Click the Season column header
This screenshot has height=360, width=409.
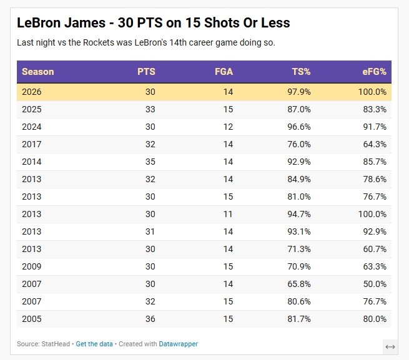(x=38, y=72)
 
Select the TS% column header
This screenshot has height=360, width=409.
(x=301, y=72)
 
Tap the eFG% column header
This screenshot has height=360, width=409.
(x=374, y=72)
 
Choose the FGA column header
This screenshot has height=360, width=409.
(x=223, y=72)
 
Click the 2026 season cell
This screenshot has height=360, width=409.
(x=32, y=92)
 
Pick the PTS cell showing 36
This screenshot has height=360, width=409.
(x=149, y=319)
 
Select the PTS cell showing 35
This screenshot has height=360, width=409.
(x=149, y=162)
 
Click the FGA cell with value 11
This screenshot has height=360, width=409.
(x=227, y=214)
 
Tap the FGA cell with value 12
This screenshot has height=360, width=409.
(x=227, y=127)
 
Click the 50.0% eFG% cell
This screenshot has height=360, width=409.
(x=374, y=284)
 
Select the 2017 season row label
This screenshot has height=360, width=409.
(x=32, y=144)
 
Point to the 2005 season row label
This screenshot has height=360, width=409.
(x=32, y=319)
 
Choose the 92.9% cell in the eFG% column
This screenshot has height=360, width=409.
(x=374, y=231)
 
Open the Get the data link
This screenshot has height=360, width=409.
(x=94, y=344)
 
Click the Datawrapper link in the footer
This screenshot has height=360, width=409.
(x=179, y=344)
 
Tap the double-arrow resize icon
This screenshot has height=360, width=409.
(x=390, y=347)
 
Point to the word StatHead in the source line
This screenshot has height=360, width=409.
(x=57, y=344)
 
